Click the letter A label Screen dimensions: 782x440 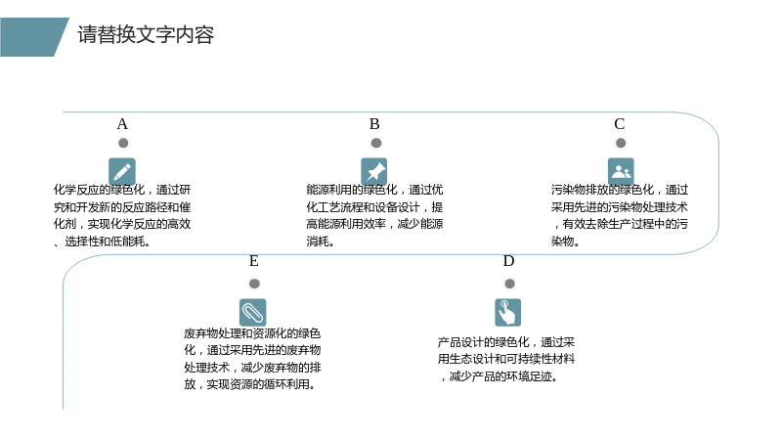point(122,124)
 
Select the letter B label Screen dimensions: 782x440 point(374,124)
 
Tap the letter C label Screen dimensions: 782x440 point(620,124)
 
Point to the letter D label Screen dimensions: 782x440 point(508,261)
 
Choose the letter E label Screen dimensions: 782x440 point(254,261)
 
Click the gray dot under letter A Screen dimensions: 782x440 point(123,143)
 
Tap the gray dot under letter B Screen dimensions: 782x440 point(376,143)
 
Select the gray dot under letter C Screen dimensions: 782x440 point(621,143)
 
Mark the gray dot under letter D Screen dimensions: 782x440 point(509,284)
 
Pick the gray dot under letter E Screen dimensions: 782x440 point(254,284)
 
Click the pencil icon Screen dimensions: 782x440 point(122,172)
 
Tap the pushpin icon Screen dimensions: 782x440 point(374,172)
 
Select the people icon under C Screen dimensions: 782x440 point(621,172)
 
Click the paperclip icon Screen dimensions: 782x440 point(253,312)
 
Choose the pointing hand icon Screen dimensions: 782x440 point(507,312)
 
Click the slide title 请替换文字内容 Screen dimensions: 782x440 point(146,35)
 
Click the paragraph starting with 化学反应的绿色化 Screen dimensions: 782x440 point(122,215)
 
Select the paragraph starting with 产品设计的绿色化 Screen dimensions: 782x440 point(506,359)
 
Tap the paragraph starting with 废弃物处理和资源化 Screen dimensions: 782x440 point(252,359)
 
